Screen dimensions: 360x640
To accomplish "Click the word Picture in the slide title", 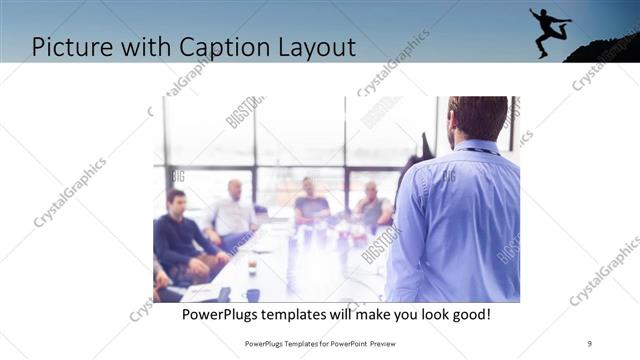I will coord(73,46).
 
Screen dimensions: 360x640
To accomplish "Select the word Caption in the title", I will coord(215,46).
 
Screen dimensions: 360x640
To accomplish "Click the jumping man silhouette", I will coord(549,30).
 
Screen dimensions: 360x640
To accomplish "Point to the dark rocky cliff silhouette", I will coord(605,48).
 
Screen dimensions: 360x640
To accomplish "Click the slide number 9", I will coord(590,343).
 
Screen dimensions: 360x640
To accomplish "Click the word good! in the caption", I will coord(468,314).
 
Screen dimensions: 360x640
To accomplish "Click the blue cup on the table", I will coord(253,295).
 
